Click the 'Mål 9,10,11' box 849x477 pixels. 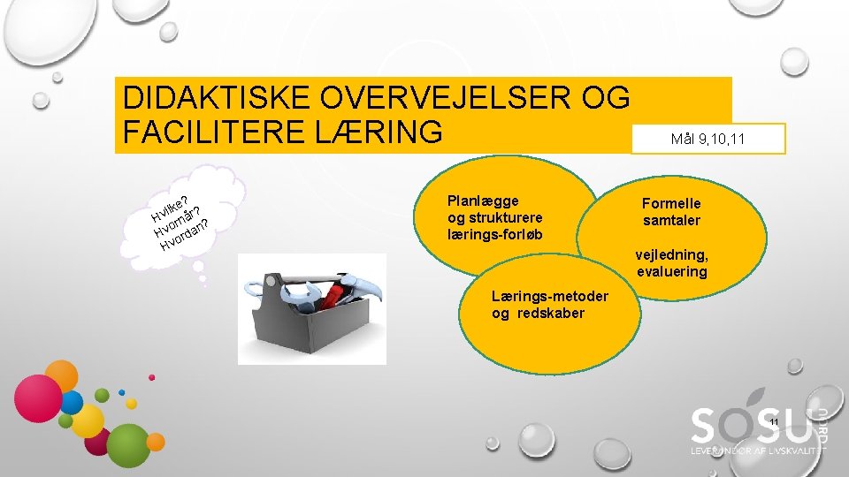pyautogui.click(x=707, y=139)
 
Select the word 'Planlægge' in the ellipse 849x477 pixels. pyautogui.click(x=483, y=201)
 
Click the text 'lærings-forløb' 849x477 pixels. pyautogui.click(x=495, y=235)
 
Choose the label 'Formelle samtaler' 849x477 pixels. pyautogui.click(x=671, y=212)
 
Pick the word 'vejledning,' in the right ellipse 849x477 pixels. pyautogui.click(x=671, y=255)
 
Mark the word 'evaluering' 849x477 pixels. pyautogui.click(x=671, y=272)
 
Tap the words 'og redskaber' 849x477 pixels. pyautogui.click(x=538, y=314)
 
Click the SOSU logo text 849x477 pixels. pyautogui.click(x=751, y=427)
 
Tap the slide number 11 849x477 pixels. pyautogui.click(x=774, y=423)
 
